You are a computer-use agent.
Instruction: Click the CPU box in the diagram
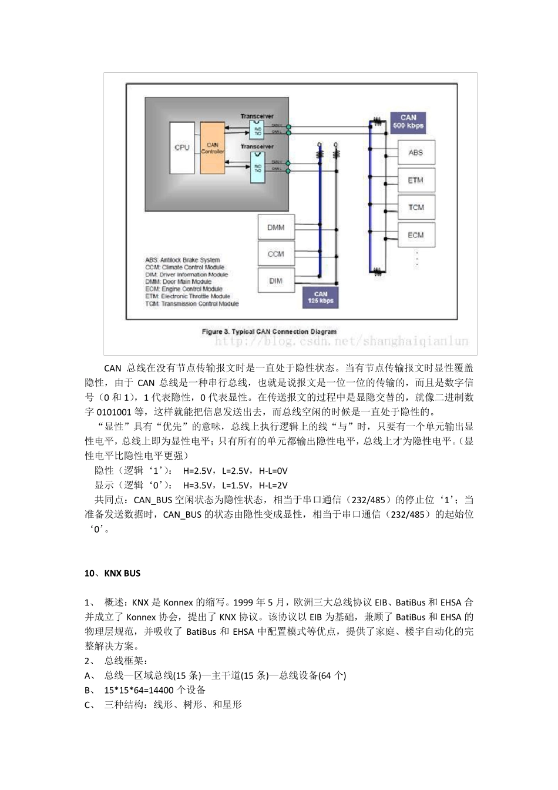click(x=181, y=148)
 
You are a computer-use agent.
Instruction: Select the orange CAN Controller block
click(x=212, y=148)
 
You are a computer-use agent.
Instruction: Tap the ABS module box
click(x=416, y=153)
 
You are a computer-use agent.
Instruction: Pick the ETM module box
click(x=416, y=180)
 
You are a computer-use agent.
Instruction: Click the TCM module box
click(x=416, y=207)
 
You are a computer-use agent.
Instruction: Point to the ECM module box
click(x=416, y=235)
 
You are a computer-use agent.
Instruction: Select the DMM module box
click(x=276, y=227)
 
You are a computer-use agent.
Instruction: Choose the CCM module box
click(x=276, y=254)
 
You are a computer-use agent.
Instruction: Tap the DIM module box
click(x=276, y=281)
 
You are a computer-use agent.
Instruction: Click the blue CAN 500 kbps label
click(x=408, y=122)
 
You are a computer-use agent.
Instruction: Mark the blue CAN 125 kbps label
click(x=321, y=297)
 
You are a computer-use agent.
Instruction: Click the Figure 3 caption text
click(x=269, y=332)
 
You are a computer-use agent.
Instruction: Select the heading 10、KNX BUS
click(x=112, y=573)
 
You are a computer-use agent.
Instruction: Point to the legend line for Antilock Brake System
click(x=182, y=260)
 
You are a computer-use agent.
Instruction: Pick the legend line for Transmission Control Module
click(x=191, y=304)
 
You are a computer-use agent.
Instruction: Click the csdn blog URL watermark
click(x=341, y=341)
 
